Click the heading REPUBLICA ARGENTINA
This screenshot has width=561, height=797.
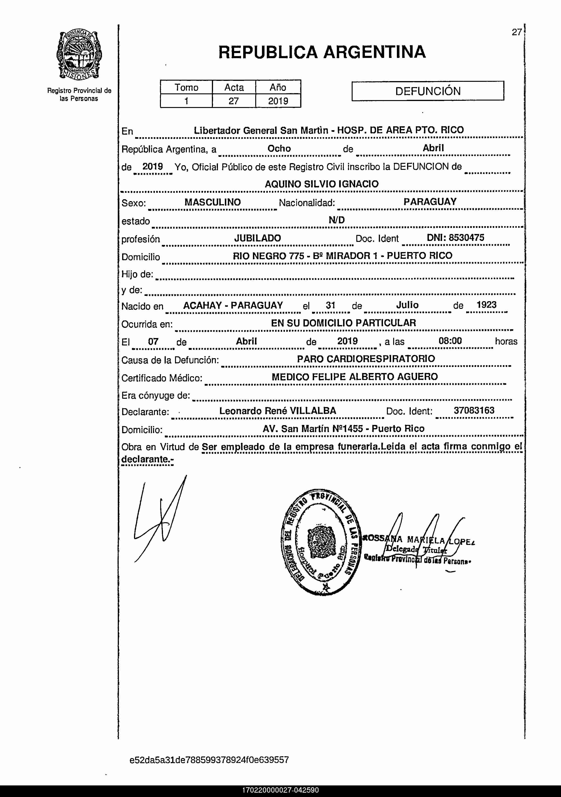coord(322,52)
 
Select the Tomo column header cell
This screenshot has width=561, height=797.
coord(186,87)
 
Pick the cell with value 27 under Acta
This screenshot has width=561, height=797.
coord(233,101)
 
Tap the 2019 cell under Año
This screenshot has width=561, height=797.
coord(278,101)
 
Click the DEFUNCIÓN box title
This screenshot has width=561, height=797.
coord(428,91)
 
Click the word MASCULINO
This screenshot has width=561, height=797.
coord(212,202)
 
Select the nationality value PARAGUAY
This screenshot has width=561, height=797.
coord(430,202)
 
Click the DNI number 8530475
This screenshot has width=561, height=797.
coord(466,238)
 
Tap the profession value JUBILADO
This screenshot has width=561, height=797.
coord(257,238)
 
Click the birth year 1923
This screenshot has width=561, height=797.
coord(486,305)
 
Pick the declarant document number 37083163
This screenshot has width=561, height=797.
coord(474,410)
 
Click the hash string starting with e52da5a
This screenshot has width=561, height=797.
coord(209,760)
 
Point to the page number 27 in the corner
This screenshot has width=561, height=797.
coord(516,32)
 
